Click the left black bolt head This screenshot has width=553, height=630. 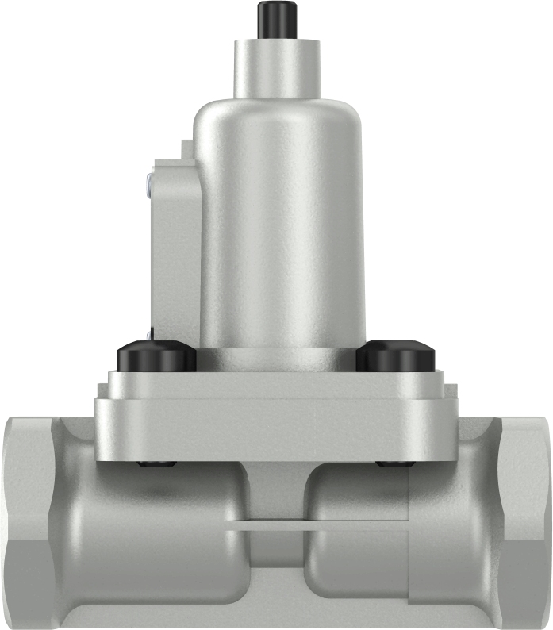pos(156,356)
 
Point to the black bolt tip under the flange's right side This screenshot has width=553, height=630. pos(394,463)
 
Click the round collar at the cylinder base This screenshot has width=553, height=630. pos(277,359)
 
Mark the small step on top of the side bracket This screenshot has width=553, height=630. pos(185,148)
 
